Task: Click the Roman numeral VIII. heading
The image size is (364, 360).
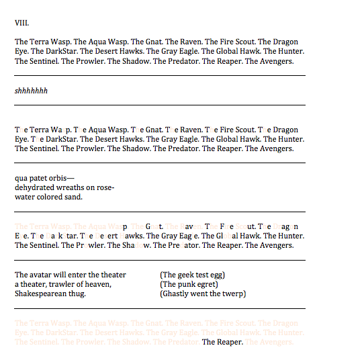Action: click(x=21, y=23)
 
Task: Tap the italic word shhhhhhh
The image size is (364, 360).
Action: click(x=31, y=91)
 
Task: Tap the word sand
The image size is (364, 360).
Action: click(x=73, y=197)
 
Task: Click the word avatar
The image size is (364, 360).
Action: click(x=42, y=275)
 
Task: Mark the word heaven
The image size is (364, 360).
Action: click(x=98, y=284)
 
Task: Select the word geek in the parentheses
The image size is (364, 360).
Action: click(x=187, y=275)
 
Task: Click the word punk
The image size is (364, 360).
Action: click(x=187, y=284)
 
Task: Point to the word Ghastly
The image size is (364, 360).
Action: click(x=177, y=294)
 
